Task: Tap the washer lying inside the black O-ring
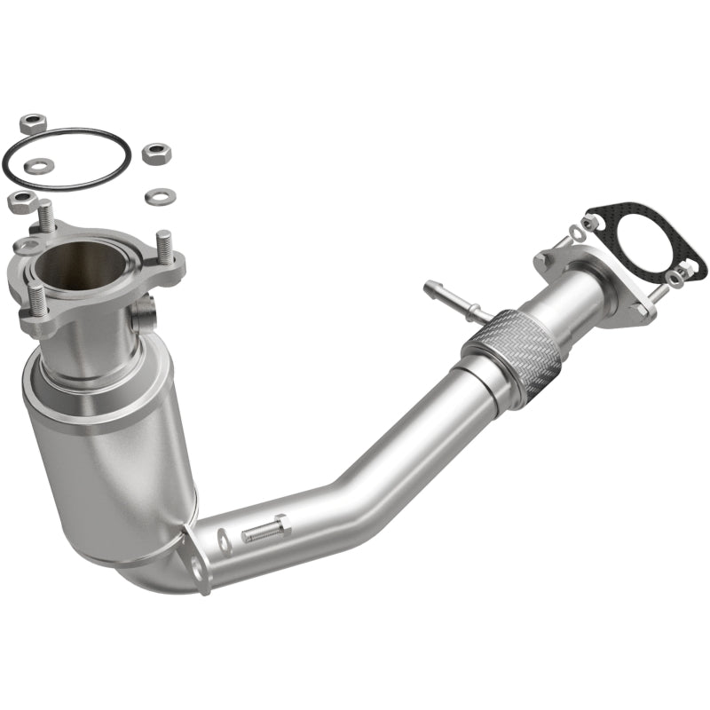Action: coord(40,164)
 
